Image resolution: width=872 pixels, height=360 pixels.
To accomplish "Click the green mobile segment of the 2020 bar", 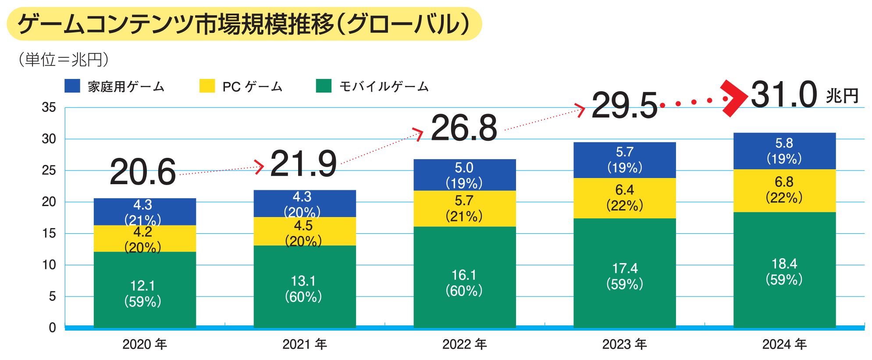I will click(145, 289).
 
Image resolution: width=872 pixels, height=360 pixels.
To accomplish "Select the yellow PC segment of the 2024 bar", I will click(784, 190).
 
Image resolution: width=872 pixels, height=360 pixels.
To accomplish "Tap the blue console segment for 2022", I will click(464, 175).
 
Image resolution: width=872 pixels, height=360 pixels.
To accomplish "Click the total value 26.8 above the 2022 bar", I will click(464, 128).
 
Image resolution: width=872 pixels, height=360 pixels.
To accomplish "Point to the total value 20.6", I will click(142, 172).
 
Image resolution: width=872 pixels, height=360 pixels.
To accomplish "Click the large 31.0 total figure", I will click(784, 95).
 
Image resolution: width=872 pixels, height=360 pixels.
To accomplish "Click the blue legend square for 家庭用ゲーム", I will click(72, 86).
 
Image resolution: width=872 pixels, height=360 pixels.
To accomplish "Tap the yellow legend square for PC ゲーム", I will click(207, 86).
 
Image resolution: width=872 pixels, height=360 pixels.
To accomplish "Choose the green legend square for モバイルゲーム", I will click(324, 86).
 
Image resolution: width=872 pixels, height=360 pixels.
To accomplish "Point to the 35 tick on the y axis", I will click(49, 107).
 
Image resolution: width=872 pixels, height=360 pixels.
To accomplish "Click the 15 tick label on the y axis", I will click(49, 233).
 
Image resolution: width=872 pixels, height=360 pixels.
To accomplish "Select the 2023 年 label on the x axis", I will click(624, 344).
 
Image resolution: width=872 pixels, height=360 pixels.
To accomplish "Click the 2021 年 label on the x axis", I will click(305, 344).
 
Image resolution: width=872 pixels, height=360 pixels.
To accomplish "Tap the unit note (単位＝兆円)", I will click(64, 60).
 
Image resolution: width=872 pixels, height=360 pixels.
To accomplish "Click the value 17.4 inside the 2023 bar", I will click(625, 268).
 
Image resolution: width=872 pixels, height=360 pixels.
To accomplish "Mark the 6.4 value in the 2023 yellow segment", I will click(624, 190).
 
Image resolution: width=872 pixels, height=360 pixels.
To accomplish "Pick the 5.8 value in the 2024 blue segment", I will click(784, 143).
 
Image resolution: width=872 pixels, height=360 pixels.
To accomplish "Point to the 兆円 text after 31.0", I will click(842, 96).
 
